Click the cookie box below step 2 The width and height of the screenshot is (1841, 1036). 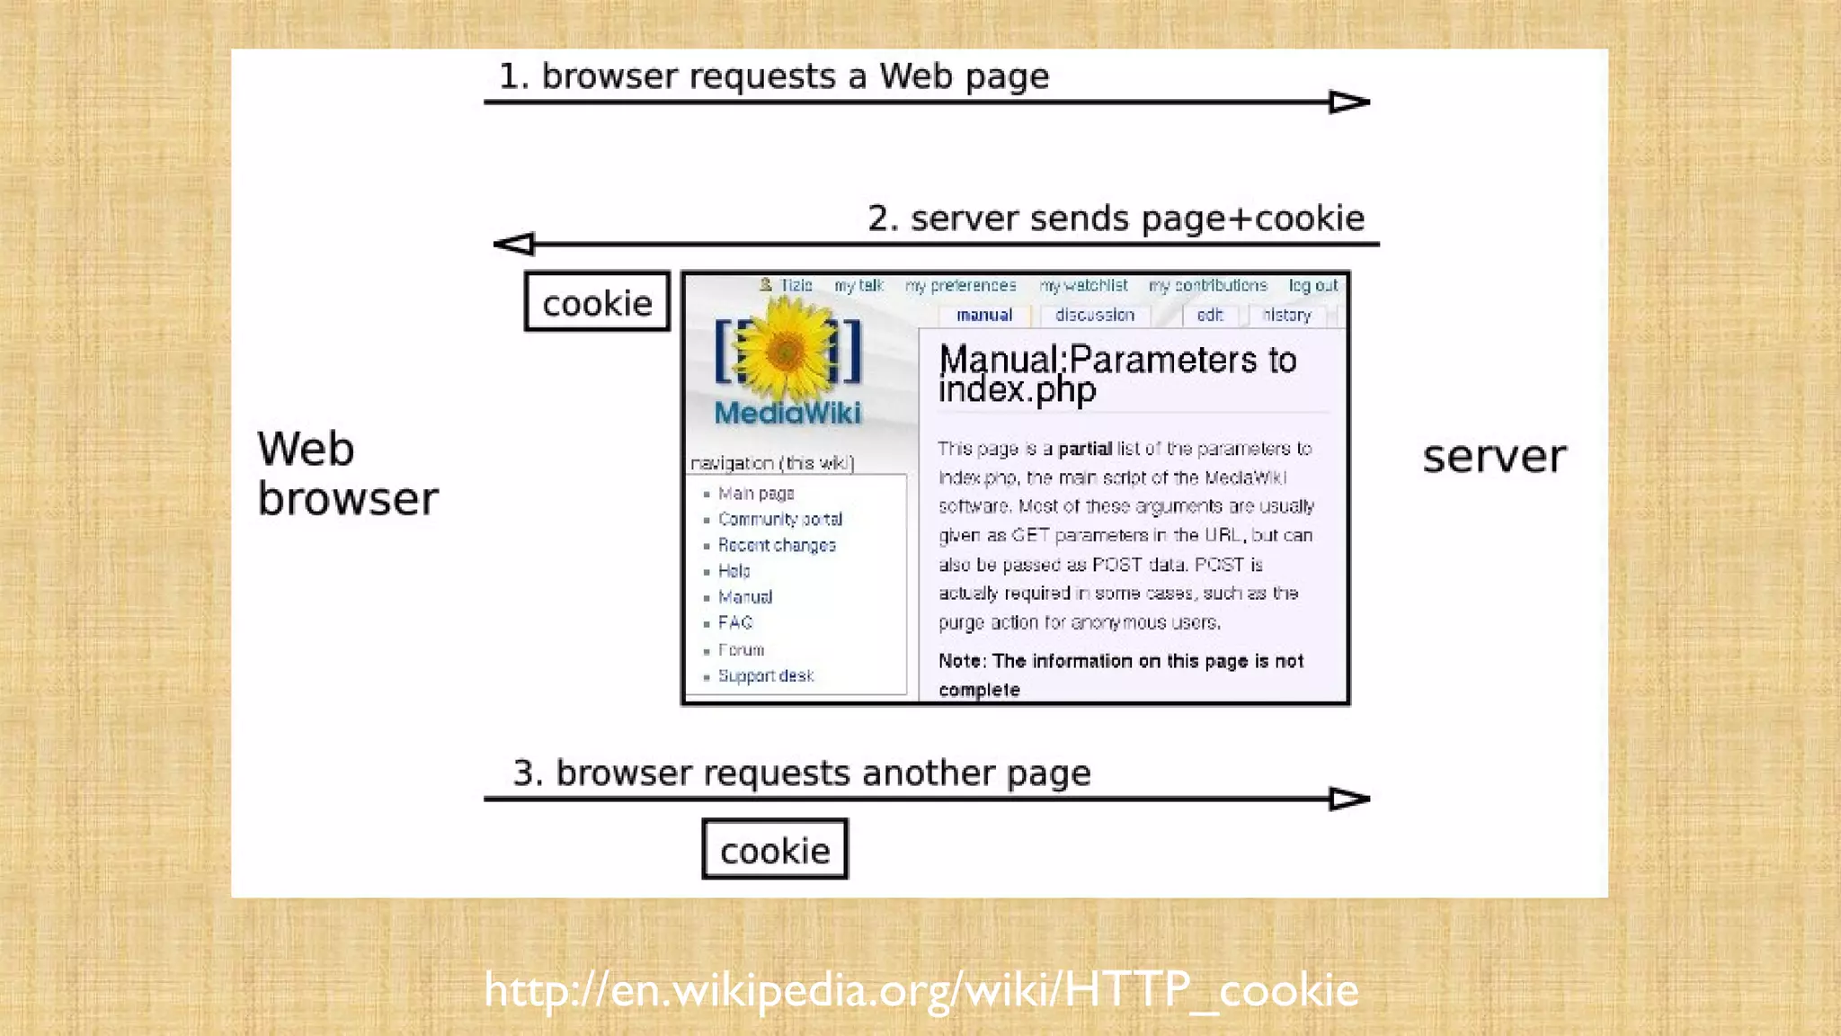point(597,302)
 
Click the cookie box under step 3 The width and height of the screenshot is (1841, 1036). point(775,850)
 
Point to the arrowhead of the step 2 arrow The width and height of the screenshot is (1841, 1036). point(514,244)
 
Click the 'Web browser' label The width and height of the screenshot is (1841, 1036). point(347,474)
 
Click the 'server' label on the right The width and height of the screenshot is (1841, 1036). point(1494,457)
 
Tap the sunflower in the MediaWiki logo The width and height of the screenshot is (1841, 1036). point(787,351)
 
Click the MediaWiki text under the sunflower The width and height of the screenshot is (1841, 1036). point(787,414)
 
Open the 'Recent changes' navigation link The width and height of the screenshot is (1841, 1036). point(777,545)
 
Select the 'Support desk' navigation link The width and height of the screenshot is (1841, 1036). point(765,675)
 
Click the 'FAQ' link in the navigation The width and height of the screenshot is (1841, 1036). point(734,622)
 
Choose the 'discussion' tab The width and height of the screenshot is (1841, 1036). point(1094,315)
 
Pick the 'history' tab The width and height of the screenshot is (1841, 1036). point(1286,315)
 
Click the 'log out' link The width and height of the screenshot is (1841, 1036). point(1312,285)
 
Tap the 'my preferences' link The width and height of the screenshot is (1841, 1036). point(960,285)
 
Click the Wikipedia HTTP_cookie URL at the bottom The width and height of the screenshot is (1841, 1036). point(920,989)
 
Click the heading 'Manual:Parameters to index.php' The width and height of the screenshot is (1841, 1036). point(1117,374)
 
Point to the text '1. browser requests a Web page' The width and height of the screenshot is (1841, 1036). point(773,76)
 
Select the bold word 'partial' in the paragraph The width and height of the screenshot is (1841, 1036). point(1084,449)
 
